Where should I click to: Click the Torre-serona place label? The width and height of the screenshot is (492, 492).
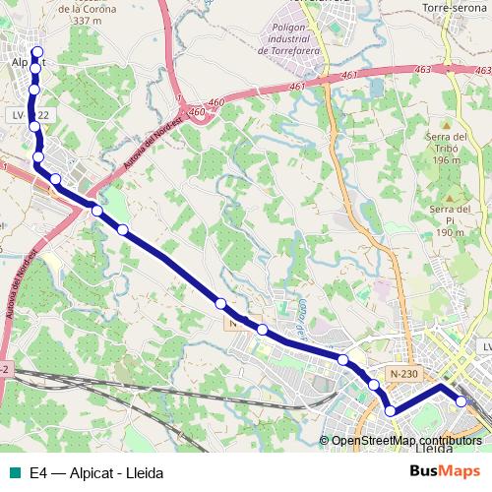(x=449, y=8)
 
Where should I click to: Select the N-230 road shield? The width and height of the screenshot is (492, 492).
(x=403, y=373)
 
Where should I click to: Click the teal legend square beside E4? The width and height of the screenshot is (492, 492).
(x=13, y=473)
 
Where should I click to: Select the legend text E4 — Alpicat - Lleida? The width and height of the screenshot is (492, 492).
(x=96, y=473)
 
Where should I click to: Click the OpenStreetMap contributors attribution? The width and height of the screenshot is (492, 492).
(x=406, y=441)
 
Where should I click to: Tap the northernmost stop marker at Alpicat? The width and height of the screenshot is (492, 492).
(x=37, y=51)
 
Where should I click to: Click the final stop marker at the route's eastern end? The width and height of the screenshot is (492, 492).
(x=461, y=400)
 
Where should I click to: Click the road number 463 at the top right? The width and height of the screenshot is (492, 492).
(x=451, y=70)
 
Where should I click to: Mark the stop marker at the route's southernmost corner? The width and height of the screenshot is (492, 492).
(x=391, y=410)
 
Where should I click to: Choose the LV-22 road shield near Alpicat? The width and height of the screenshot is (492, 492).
(x=30, y=115)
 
